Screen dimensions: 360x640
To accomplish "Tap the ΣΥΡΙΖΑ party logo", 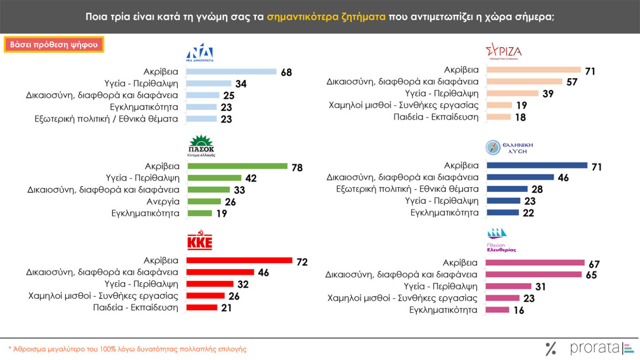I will tap(503, 51).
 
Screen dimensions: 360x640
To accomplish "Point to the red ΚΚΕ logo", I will tap(200, 241).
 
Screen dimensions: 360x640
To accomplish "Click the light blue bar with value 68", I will tap(231, 72).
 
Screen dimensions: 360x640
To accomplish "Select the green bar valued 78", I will tap(237, 166).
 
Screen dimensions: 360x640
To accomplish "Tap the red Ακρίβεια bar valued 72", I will tap(240, 260).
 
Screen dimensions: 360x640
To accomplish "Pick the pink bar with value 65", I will tap(534, 274).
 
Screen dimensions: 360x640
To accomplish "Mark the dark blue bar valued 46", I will tap(520, 177).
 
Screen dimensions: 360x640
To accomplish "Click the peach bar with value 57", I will tap(524, 81).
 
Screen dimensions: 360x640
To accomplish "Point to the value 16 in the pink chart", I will tap(519, 310).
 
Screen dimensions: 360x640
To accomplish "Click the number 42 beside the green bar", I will tap(251, 178).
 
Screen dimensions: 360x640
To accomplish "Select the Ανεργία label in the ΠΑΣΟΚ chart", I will tap(163, 201).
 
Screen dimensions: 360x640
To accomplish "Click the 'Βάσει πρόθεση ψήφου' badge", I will tap(54, 45).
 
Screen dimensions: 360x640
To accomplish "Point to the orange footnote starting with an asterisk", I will tap(127, 349).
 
